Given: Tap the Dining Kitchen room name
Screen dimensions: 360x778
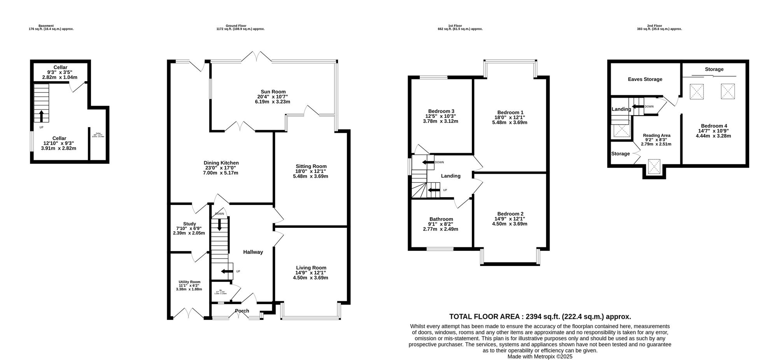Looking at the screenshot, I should tap(221, 163).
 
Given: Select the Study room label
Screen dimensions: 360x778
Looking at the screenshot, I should tap(189, 224).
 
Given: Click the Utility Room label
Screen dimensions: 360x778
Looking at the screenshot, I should tap(189, 282).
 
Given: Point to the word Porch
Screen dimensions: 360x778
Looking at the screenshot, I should tap(242, 311).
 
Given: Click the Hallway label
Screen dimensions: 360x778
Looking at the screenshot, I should tap(253, 252).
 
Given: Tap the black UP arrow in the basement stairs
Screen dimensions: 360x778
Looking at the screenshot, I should tap(41, 116).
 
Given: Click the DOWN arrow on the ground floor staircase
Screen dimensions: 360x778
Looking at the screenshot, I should tap(219, 225).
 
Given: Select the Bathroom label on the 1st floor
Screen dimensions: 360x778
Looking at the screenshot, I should tap(441, 219).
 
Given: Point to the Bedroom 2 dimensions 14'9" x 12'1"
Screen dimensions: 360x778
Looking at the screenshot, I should tap(510, 219).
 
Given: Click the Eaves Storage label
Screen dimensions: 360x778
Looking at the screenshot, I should tap(645, 79).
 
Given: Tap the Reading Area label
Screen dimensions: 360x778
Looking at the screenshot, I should tap(657, 135).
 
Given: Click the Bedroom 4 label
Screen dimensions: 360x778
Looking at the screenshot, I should tap(714, 126).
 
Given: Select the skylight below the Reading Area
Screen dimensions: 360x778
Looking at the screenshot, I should tap(654, 167).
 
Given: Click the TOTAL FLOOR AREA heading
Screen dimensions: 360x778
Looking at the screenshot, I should tap(540, 317).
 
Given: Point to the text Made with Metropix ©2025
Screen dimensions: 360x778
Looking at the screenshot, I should tap(540, 356).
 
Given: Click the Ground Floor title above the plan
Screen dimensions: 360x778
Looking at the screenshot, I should tap(240, 26).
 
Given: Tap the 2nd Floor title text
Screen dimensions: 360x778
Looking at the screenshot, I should tap(659, 26).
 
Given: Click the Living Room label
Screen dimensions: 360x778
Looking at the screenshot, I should tap(311, 268).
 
